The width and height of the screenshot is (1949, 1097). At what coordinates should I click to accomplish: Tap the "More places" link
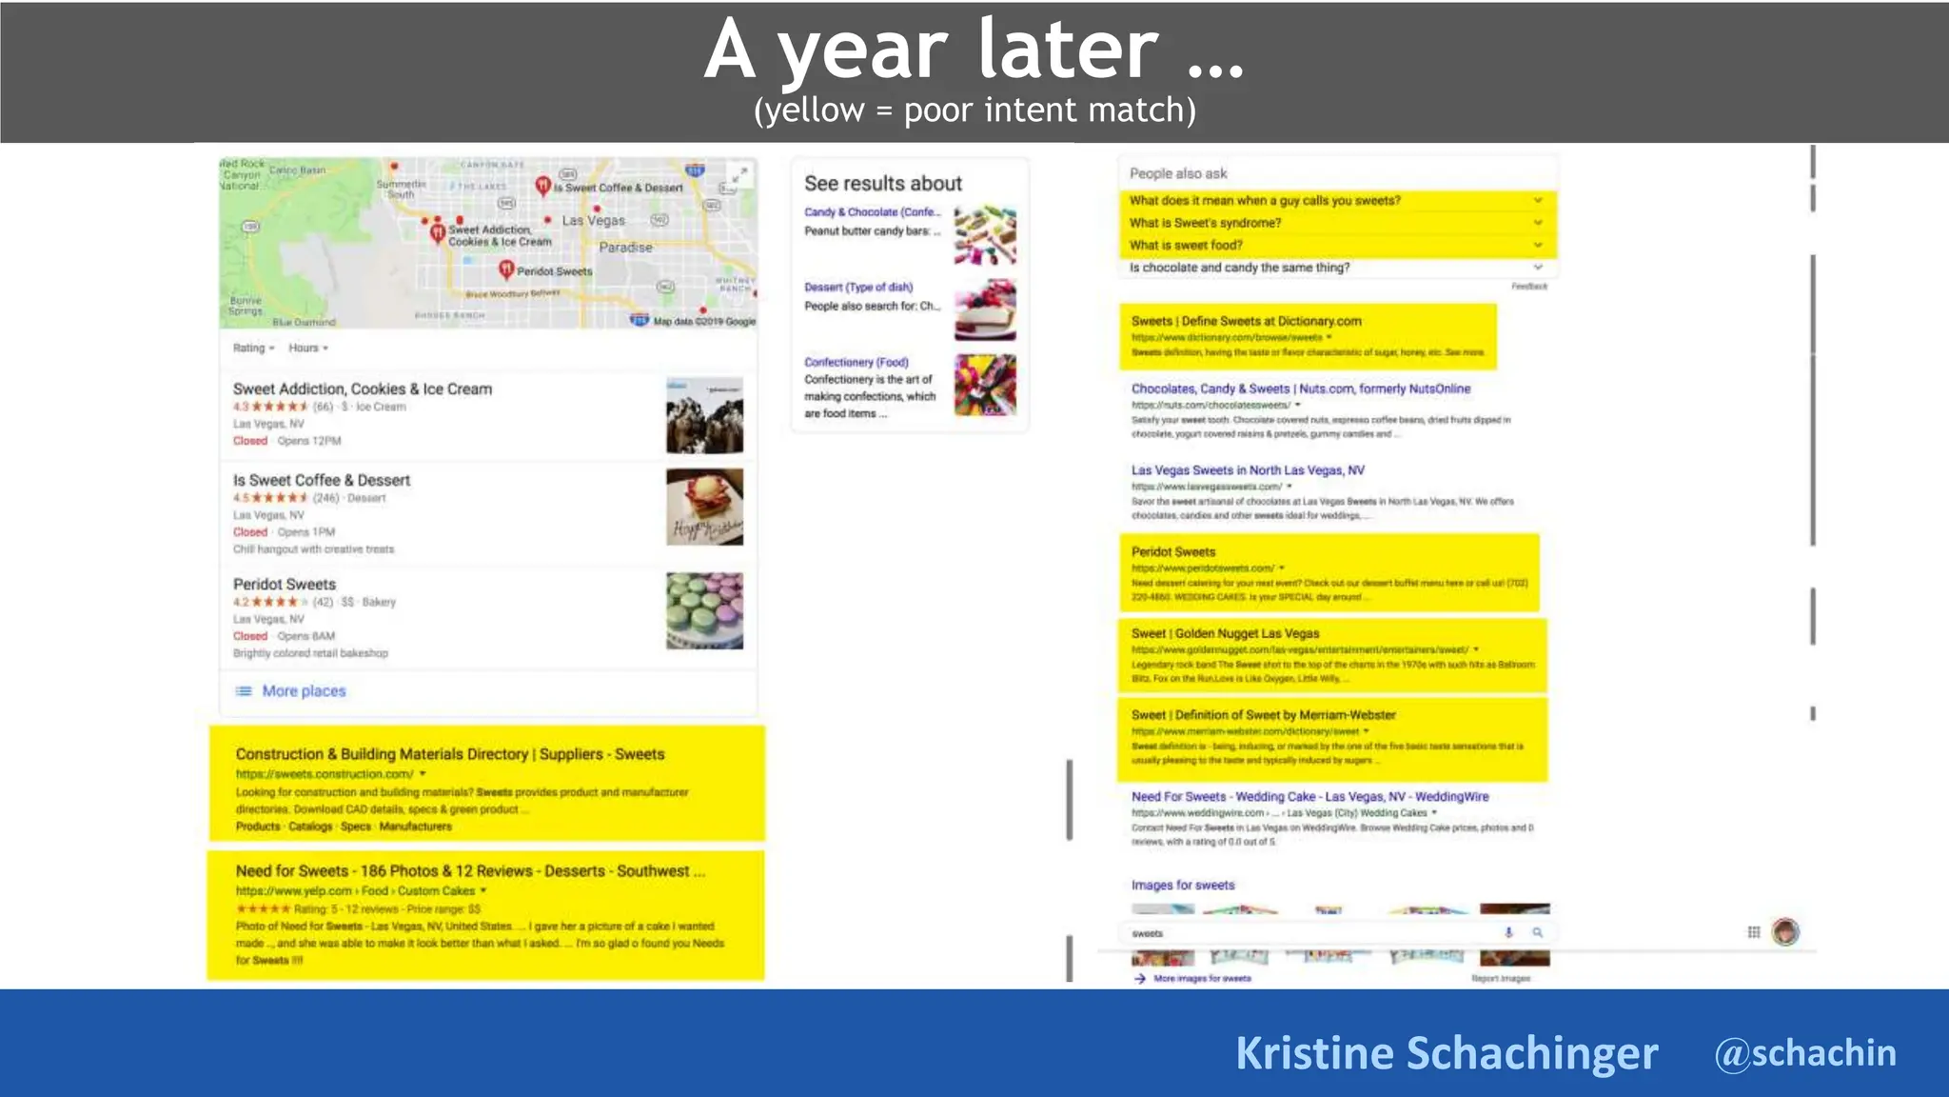(x=304, y=691)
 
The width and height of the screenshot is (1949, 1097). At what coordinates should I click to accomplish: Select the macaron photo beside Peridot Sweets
(x=704, y=610)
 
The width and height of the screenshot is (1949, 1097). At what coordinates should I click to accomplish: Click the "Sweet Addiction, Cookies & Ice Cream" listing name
(x=363, y=389)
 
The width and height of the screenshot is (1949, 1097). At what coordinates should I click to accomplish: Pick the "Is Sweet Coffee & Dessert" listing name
(x=322, y=480)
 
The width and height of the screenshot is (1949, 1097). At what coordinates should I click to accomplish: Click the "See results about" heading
(x=882, y=184)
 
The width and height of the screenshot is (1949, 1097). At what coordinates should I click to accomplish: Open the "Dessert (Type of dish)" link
(x=857, y=288)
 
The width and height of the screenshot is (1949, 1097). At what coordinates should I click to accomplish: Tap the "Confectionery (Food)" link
(x=856, y=363)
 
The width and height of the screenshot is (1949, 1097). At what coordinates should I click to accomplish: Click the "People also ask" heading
(x=1178, y=173)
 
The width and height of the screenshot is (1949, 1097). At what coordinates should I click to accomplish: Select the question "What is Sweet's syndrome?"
(x=1205, y=223)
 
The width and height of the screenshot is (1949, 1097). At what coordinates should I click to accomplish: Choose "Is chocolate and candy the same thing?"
(x=1239, y=268)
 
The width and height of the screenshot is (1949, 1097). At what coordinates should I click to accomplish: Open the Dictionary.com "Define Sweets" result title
(x=1246, y=321)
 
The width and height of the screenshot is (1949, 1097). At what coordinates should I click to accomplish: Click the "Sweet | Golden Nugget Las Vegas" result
(x=1225, y=633)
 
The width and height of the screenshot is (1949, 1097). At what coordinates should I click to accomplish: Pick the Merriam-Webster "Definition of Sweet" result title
(x=1263, y=715)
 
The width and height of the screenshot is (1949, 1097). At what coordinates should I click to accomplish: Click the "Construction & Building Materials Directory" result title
(x=449, y=754)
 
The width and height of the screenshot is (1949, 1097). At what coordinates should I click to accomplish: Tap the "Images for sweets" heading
(x=1182, y=886)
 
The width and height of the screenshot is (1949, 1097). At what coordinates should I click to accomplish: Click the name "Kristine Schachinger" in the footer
(x=1446, y=1053)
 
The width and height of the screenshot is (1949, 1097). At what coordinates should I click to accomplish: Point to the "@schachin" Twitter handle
(x=1804, y=1053)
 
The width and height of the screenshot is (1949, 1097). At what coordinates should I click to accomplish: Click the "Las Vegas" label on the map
(x=593, y=221)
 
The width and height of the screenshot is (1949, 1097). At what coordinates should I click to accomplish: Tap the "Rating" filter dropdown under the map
(x=253, y=349)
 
